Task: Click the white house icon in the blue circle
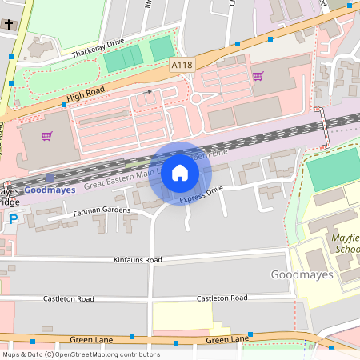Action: pos(180,172)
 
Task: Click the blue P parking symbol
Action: pos(11,218)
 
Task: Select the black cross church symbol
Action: pos(9,26)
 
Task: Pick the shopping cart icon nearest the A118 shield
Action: pos(258,77)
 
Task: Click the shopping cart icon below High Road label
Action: pos(47,136)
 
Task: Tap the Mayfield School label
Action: pos(346,244)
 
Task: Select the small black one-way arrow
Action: pos(147,93)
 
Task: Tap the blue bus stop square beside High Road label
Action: pos(64,104)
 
